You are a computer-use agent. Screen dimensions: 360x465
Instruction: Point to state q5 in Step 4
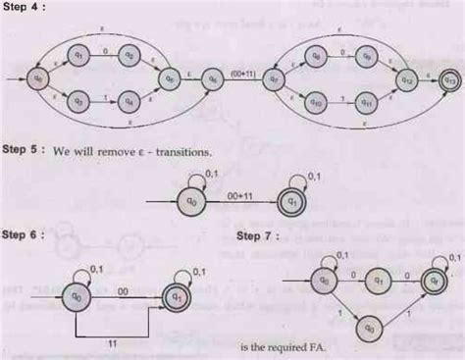[x=170, y=77]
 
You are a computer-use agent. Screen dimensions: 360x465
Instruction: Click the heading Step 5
[x=21, y=153]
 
